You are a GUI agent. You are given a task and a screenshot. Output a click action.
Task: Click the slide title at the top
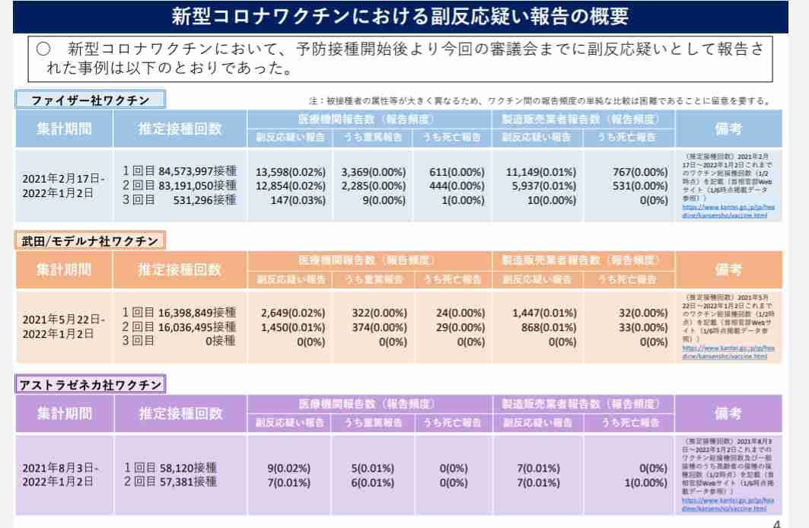point(400,16)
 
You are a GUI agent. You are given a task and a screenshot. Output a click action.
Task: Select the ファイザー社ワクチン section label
point(91,100)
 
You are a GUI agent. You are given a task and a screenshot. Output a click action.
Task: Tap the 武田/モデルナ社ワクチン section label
point(91,241)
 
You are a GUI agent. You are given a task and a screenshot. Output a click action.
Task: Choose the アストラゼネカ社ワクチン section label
point(91,384)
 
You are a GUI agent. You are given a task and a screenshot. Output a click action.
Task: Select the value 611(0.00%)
point(457,172)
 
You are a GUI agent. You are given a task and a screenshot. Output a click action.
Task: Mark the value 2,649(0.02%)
point(292,313)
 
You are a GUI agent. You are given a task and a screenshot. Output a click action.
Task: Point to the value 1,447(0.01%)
point(544,313)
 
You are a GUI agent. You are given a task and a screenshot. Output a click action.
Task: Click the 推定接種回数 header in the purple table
point(180,414)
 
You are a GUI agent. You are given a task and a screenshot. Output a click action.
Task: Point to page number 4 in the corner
point(776,523)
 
